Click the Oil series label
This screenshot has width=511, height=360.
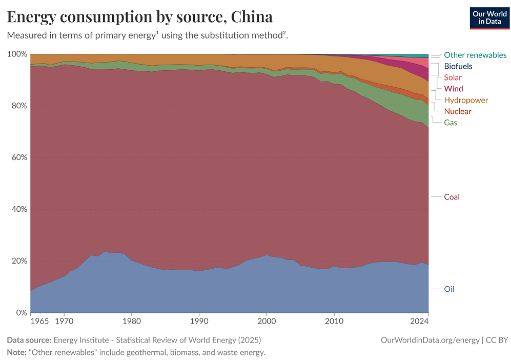coord(449,289)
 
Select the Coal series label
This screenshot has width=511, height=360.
coord(452,197)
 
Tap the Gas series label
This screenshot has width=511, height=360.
coord(451,123)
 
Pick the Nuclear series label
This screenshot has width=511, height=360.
coord(457,111)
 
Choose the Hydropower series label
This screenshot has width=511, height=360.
coord(466,100)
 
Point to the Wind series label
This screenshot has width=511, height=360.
coord(453,89)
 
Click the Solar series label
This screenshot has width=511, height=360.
coord(453,77)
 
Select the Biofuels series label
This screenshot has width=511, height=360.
coord(458,66)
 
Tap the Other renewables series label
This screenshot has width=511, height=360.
coord(475,55)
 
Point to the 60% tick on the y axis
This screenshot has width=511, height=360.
coord(19,157)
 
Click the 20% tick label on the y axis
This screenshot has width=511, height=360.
coord(19,261)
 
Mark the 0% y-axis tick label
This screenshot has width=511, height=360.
coord(21,313)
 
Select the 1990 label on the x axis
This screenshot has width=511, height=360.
coord(199,322)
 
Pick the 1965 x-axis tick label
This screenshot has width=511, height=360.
coord(39,322)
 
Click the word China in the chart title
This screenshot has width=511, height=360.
coord(252,17)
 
